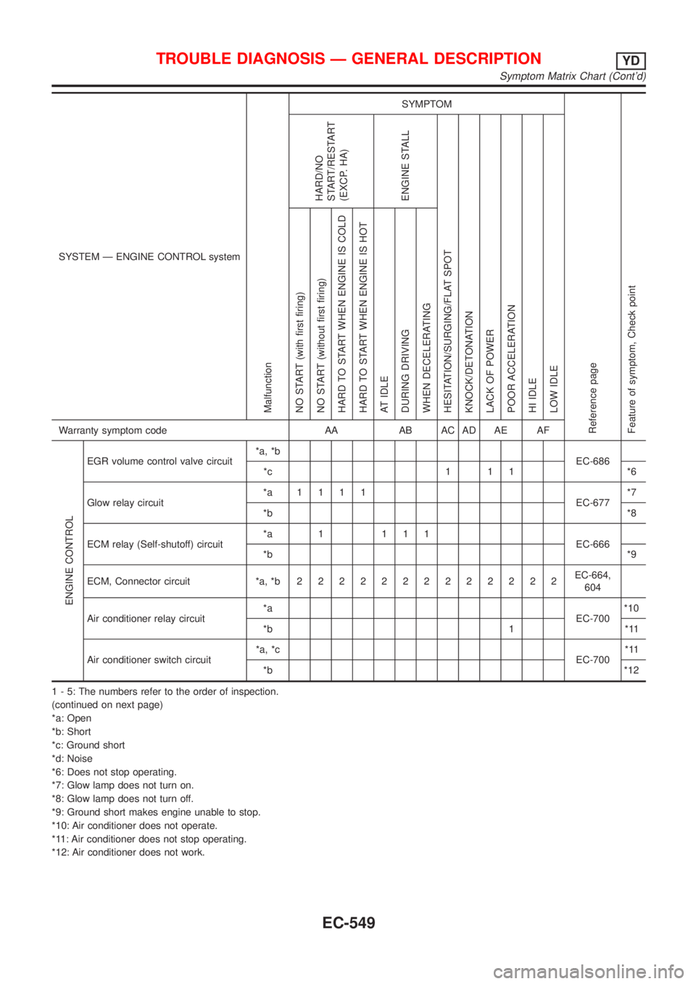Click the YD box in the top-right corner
tap(632, 59)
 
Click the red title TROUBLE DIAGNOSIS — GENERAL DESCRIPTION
tap(349, 59)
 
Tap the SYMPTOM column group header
tap(426, 104)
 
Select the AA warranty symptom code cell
tap(331, 430)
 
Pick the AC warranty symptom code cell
tap(447, 430)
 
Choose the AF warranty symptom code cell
tap(542, 430)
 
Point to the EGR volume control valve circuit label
tap(159, 462)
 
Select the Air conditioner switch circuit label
tap(149, 659)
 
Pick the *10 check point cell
tap(633, 606)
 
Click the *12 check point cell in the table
tap(633, 671)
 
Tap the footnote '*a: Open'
tap(71, 718)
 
